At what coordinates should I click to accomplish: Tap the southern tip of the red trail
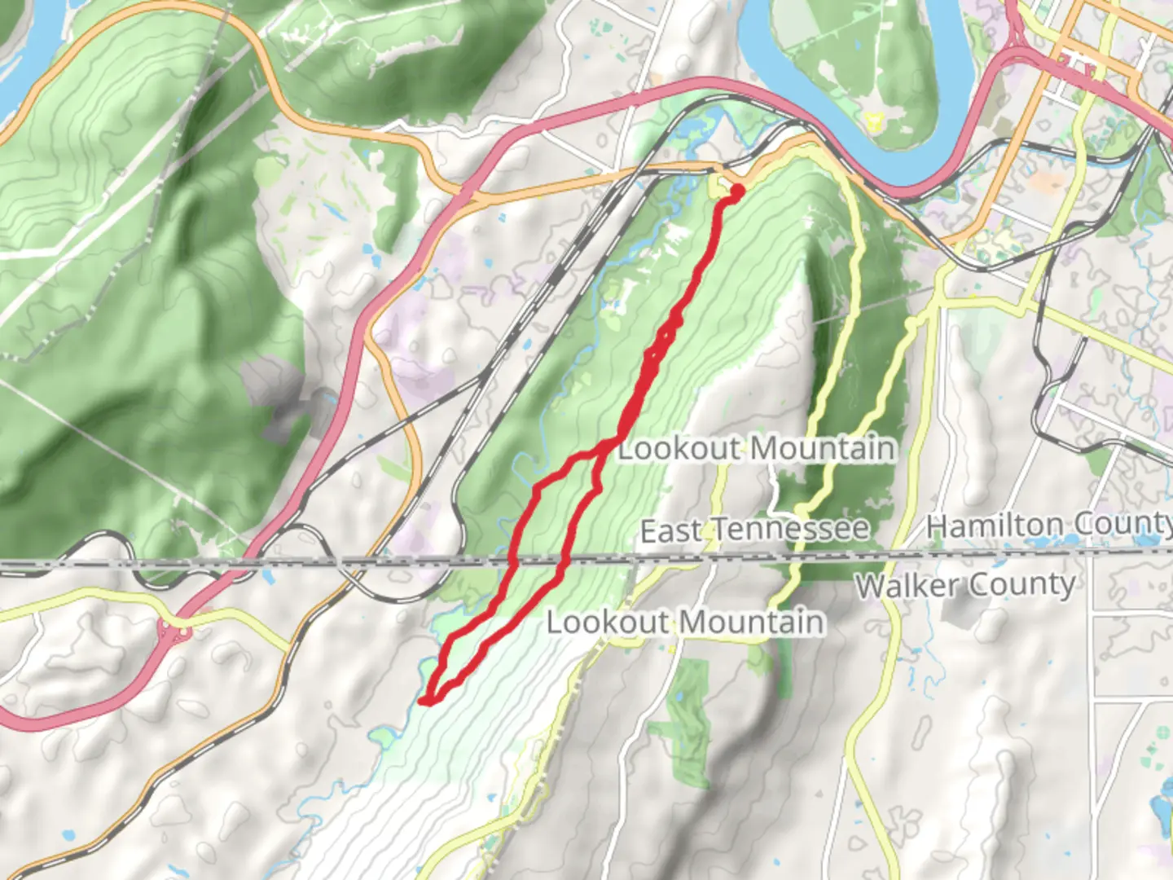pos(425,699)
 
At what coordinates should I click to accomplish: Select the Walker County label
pos(965,585)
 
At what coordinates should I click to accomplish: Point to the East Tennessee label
pos(754,530)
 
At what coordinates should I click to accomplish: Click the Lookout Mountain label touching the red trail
pos(756,448)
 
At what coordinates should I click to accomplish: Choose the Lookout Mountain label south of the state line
pos(684,623)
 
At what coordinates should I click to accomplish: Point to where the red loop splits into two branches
pos(607,445)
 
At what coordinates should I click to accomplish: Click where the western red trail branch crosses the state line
pos(513,561)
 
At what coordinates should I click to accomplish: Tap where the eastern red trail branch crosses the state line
pos(564,561)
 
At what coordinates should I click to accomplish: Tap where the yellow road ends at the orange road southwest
pos(288,653)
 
